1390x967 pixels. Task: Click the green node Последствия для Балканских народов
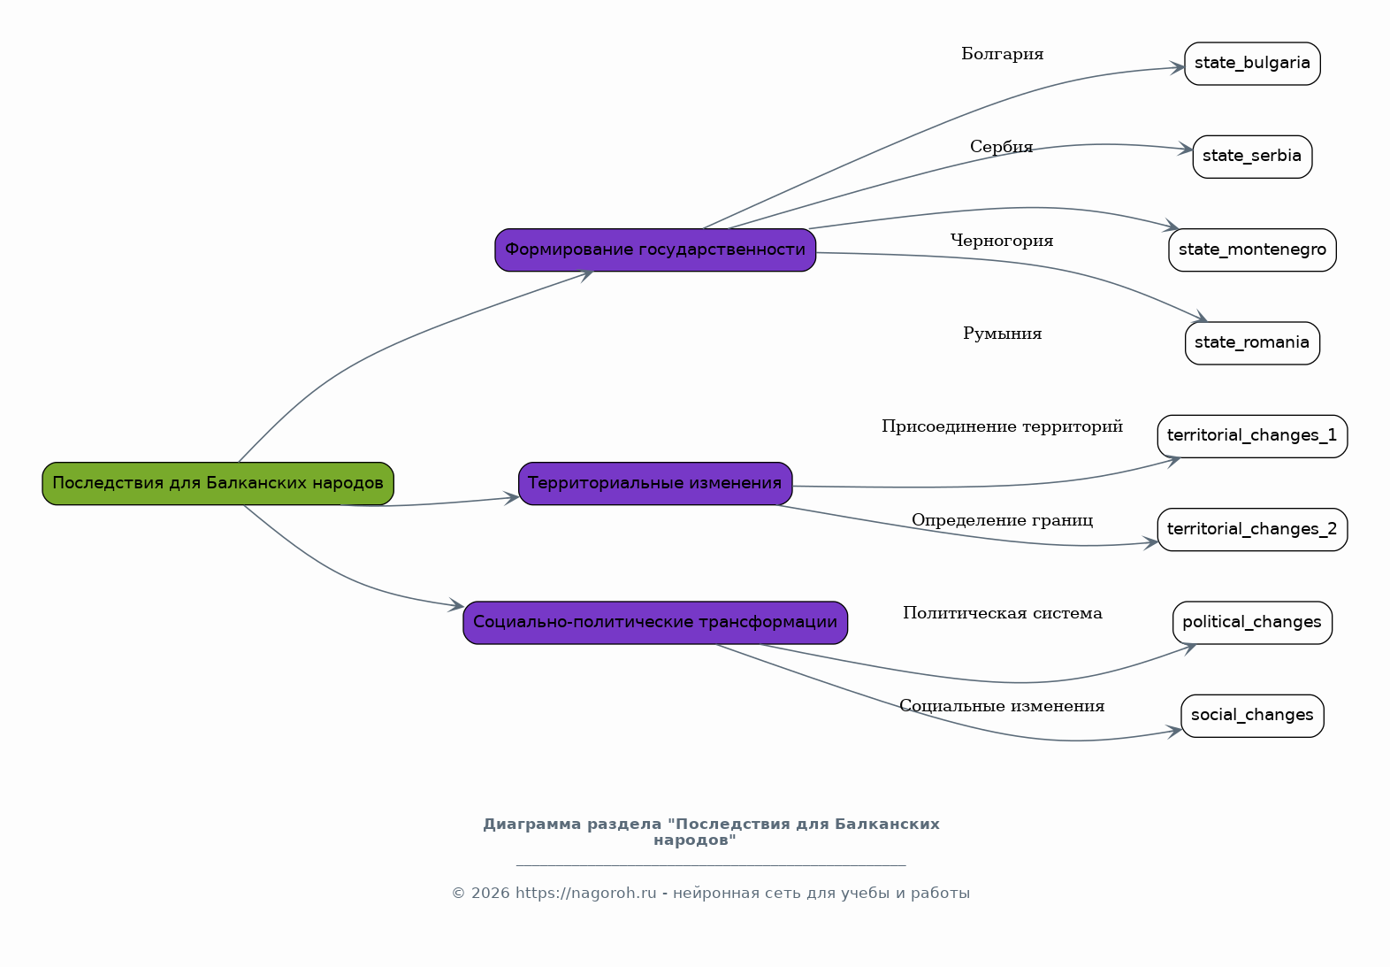click(x=218, y=483)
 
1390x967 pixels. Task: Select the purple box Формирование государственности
click(x=655, y=249)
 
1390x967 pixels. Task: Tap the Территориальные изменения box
click(x=655, y=483)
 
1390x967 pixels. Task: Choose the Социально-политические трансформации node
click(x=655, y=622)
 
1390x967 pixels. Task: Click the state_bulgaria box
click(x=1252, y=64)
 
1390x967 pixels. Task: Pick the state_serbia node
click(x=1252, y=157)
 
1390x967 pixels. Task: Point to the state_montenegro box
click(x=1252, y=249)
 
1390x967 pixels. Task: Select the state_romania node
click(x=1252, y=342)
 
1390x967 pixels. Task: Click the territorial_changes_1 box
click(x=1252, y=436)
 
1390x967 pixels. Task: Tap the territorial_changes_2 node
click(x=1252, y=529)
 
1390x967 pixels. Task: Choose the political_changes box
click(x=1252, y=622)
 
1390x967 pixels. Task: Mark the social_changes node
click(x=1252, y=716)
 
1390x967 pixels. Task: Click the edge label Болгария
click(x=1002, y=55)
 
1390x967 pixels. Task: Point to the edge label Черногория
click(x=1002, y=241)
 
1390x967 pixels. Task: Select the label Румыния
click(x=1002, y=334)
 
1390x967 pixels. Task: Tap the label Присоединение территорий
click(x=1002, y=426)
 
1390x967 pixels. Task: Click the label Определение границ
click(x=1002, y=520)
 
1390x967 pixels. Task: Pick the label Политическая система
click(x=1002, y=614)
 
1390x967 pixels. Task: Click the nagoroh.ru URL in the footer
click(x=585, y=893)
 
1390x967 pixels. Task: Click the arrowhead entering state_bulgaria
click(x=1178, y=68)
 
